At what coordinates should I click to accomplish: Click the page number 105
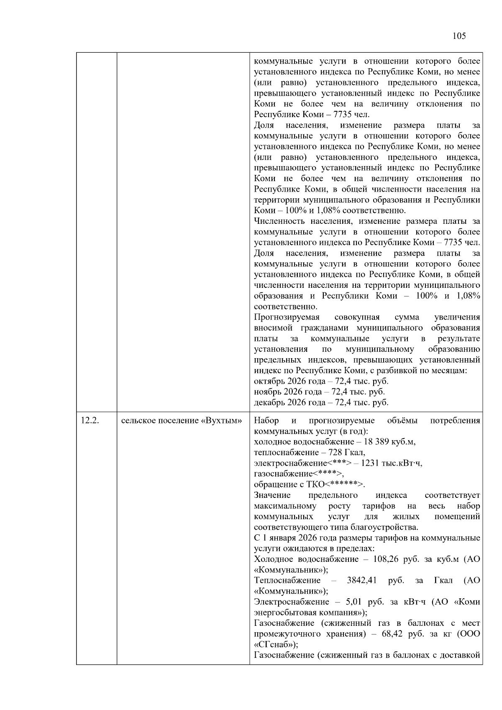(459, 36)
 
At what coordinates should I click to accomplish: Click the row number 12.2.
(90, 420)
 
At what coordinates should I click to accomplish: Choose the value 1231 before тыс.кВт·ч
(369, 463)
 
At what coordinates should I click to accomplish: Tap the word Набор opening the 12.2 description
(266, 420)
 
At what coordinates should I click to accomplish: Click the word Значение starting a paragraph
(272, 495)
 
